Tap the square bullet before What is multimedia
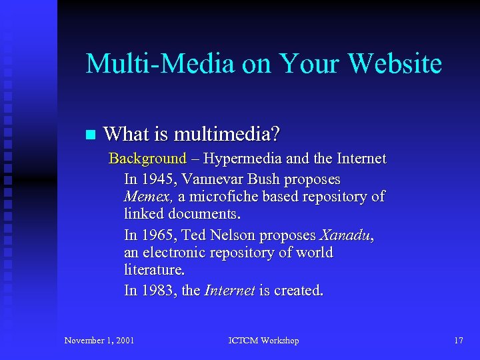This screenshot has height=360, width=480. [x=90, y=135]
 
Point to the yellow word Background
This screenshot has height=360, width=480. [x=147, y=159]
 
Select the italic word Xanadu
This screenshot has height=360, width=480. [x=346, y=235]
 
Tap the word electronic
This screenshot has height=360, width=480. [x=177, y=253]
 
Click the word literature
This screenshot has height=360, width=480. [x=154, y=271]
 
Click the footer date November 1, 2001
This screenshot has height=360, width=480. [x=99, y=341]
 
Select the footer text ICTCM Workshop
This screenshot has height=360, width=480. [x=263, y=341]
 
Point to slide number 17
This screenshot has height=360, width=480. [x=459, y=341]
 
